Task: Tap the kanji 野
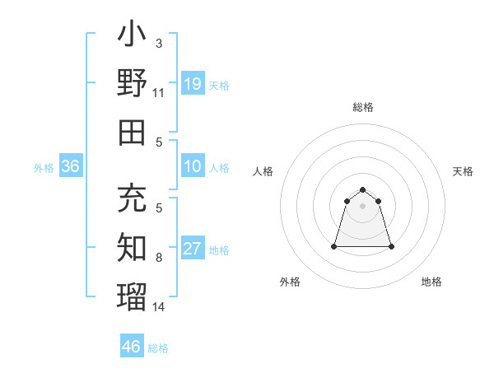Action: pos(132,83)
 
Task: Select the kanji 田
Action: pos(132,132)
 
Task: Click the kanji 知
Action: pos(132,248)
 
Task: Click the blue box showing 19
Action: pos(193,84)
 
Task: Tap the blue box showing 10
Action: pos(193,167)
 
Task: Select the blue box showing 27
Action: pos(193,249)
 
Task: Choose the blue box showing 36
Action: pos(71,167)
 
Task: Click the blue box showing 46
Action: pos(132,347)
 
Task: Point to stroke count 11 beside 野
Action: pos(158,93)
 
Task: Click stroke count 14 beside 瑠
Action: pos(158,307)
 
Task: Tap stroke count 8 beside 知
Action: pos(158,258)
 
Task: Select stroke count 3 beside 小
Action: pos(158,43)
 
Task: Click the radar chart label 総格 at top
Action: pos(363,107)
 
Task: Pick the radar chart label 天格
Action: pos(463,171)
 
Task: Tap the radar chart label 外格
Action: pos(290,282)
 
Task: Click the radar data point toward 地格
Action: pos(391,246)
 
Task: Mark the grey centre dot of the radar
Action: pos(363,206)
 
